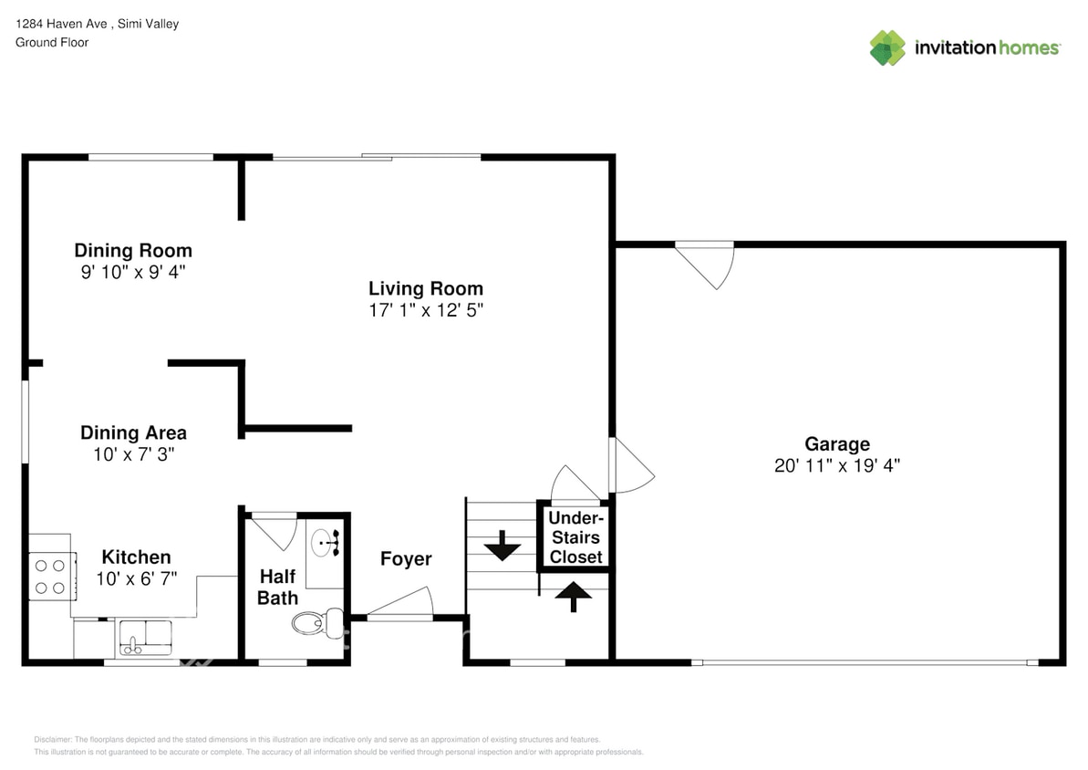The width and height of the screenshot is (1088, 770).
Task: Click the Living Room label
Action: (x=425, y=288)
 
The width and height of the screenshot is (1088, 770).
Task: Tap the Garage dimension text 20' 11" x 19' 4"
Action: (x=836, y=465)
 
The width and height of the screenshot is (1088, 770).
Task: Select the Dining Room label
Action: (x=133, y=250)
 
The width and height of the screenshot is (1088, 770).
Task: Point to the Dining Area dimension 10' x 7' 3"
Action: (x=133, y=453)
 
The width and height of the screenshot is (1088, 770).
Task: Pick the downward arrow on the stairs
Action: (x=501, y=549)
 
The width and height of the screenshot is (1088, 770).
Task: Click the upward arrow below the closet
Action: (x=574, y=596)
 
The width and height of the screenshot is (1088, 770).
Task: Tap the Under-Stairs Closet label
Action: (x=575, y=537)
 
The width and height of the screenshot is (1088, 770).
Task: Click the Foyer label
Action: (x=406, y=558)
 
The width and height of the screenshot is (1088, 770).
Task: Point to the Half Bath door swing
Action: (x=275, y=531)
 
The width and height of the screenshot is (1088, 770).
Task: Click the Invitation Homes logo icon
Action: (x=887, y=47)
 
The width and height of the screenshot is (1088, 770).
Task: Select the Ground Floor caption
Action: (x=52, y=42)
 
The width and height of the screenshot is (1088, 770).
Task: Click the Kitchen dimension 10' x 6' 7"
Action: (x=136, y=577)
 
